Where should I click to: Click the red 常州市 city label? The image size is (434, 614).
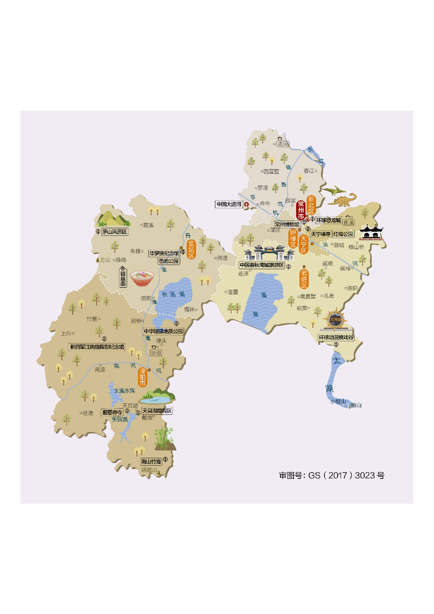(301, 210)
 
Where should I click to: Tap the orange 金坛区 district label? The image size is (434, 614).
(191, 249)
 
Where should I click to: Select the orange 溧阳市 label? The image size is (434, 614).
(142, 377)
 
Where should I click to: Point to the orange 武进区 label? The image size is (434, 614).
(304, 279)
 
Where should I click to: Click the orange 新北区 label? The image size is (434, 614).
(311, 205)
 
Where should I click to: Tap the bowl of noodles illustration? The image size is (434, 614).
(142, 278)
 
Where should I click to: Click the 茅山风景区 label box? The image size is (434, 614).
(114, 232)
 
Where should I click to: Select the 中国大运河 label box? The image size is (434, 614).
(229, 204)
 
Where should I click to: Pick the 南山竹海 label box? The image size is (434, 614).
(151, 462)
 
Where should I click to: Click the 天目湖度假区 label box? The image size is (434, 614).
(157, 411)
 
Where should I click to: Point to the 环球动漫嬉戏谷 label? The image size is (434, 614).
(336, 337)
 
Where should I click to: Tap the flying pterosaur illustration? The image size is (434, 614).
(333, 191)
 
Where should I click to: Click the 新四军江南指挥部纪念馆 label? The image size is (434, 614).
(97, 347)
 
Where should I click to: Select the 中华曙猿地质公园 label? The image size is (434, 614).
(163, 331)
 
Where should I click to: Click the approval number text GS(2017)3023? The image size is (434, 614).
(331, 475)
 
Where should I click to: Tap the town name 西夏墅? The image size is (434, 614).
(271, 172)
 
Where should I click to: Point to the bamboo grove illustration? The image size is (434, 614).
(164, 438)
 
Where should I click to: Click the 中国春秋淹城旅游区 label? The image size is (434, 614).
(262, 265)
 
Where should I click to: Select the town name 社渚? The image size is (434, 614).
(88, 413)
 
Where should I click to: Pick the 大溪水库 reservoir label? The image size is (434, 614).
(125, 391)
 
